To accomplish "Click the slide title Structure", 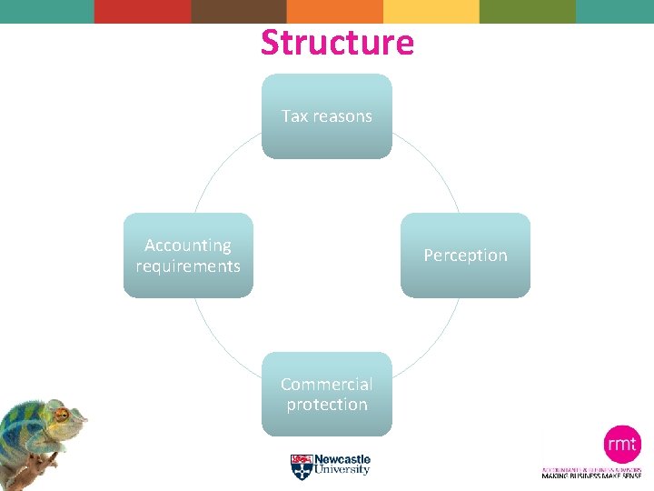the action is (337, 43).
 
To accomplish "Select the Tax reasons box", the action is (327, 116).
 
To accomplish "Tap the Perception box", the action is (465, 256).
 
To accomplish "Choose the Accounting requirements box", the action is (188, 256).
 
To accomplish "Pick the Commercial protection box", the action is (327, 395).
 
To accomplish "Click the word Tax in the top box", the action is (295, 116).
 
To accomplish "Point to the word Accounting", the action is (188, 245).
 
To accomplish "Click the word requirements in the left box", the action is (188, 266).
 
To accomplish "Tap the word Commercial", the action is (327, 384).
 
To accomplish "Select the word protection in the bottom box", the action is (327, 405).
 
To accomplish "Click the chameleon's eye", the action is (63, 415).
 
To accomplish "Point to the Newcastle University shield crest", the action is (302, 466).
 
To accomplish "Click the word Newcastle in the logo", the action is (342, 460).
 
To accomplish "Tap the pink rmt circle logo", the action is (622, 445).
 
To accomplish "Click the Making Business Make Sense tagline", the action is (591, 476).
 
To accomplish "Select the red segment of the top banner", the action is (143, 11).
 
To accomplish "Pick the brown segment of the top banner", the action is (239, 11).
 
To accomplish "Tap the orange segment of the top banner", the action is (335, 11).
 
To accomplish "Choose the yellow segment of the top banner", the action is (431, 11).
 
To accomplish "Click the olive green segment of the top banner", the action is (528, 11).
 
